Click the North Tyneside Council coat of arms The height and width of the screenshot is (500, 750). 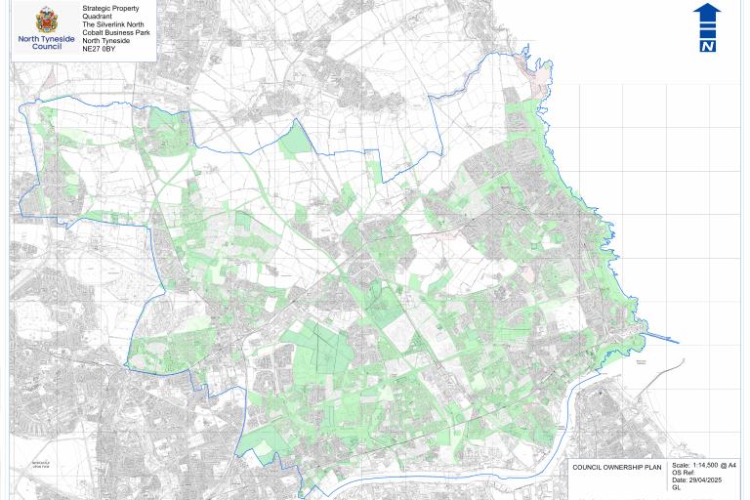click(x=46, y=19)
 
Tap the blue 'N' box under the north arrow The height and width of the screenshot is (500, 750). click(x=707, y=45)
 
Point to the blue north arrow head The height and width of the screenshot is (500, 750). click(x=707, y=12)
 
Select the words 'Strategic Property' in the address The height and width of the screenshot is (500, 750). click(x=111, y=9)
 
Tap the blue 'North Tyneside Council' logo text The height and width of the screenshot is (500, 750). click(x=46, y=42)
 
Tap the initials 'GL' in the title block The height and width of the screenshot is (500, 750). click(x=676, y=487)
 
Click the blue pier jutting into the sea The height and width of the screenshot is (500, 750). click(x=663, y=339)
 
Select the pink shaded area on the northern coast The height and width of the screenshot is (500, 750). click(x=533, y=72)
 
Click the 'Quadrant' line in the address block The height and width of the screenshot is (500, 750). click(x=98, y=17)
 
